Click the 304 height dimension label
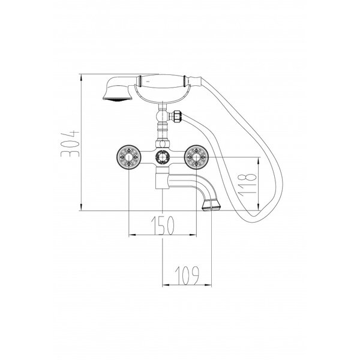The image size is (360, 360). (70, 144)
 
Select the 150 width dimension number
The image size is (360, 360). (163, 225)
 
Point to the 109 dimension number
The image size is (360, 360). (187, 275)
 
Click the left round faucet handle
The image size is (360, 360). (128, 157)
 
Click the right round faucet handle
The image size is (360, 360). (197, 157)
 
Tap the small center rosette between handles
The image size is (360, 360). (163, 157)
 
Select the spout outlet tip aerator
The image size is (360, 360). (211, 205)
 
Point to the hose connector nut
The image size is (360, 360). (177, 115)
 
